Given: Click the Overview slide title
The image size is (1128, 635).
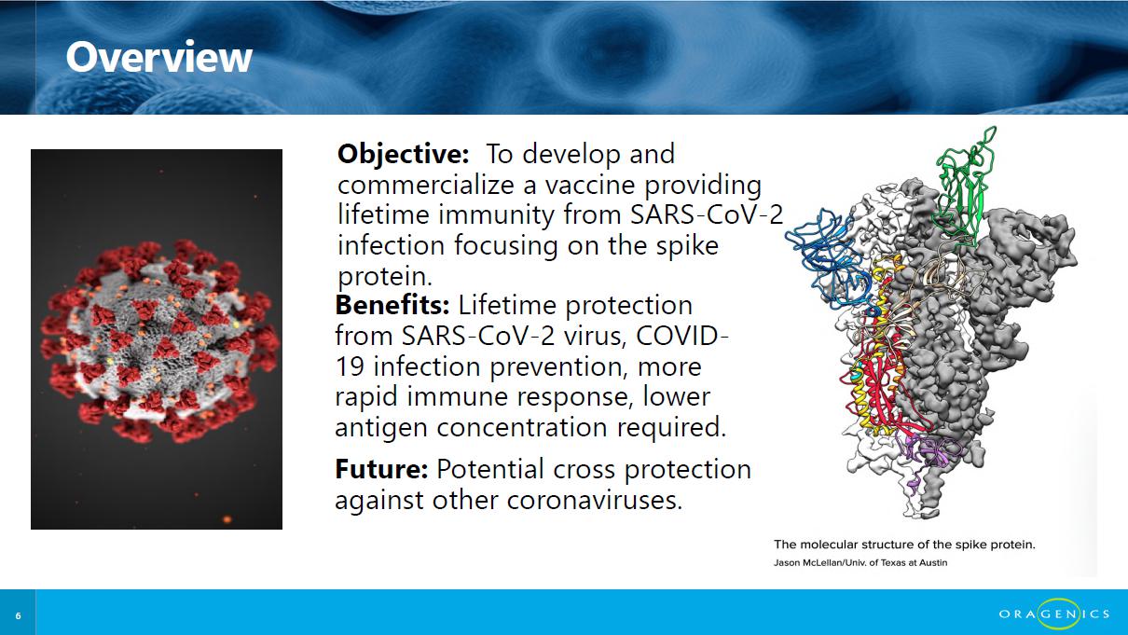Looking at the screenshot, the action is (x=158, y=57).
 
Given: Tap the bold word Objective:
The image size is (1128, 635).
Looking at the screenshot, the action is (x=404, y=154).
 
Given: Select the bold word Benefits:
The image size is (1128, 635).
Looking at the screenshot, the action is (x=392, y=305).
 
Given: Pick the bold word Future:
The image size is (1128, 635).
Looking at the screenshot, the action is (x=381, y=469).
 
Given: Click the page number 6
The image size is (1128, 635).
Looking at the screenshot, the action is (x=18, y=615).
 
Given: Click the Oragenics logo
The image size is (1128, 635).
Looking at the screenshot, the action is (x=1054, y=614).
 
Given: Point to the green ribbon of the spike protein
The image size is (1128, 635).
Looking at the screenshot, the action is (x=963, y=186).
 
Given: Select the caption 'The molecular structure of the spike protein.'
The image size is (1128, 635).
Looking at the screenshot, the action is (x=904, y=545).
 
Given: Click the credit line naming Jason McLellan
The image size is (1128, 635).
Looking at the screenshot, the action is (x=860, y=562).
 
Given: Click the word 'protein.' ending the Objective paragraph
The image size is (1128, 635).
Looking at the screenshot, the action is (x=385, y=276).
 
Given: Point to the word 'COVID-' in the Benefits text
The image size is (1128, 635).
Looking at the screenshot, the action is (x=682, y=336).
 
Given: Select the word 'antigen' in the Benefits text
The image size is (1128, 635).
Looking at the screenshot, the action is (x=380, y=429).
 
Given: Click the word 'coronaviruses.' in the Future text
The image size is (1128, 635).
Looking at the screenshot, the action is (x=594, y=500).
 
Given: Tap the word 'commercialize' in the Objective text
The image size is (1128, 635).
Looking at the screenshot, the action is (x=426, y=185).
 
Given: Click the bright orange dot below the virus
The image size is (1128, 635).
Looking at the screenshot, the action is (x=227, y=519).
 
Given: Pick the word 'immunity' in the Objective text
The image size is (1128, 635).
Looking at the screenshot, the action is (x=496, y=215).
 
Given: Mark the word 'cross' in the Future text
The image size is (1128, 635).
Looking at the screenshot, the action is (x=585, y=470).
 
